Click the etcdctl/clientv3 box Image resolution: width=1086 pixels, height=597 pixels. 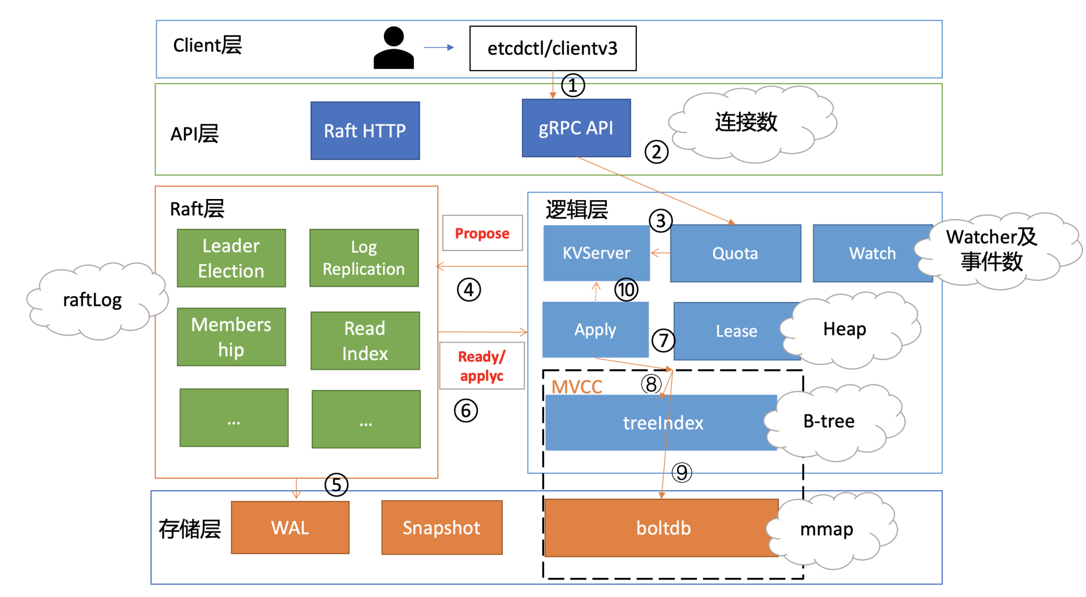tap(553, 49)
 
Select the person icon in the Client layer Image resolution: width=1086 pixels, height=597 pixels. tap(394, 49)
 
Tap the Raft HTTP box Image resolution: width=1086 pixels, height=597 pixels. tap(365, 131)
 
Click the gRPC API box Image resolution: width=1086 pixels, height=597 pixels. tap(576, 128)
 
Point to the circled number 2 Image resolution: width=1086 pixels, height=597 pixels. tap(656, 152)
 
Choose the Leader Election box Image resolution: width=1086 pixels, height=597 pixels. tap(231, 258)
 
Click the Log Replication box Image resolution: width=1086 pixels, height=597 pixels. tap(364, 258)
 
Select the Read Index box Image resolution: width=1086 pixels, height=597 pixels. tap(365, 341)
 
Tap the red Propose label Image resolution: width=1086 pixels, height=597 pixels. tap(482, 233)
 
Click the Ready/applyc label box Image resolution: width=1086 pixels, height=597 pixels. tap(482, 366)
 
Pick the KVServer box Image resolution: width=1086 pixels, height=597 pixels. tap(596, 253)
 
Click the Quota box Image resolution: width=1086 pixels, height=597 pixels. tap(735, 253)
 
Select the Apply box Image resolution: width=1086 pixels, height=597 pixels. tap(595, 330)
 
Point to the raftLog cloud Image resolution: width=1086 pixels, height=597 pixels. tap(93, 300)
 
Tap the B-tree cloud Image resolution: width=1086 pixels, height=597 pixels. tap(829, 421)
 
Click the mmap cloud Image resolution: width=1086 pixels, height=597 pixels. tap(826, 529)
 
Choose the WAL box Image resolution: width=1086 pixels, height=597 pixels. tap(290, 527)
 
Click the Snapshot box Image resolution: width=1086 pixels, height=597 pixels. tap(441, 527)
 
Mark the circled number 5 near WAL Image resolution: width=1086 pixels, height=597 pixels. tap(336, 485)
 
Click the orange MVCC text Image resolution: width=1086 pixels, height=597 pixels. tap(576, 387)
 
